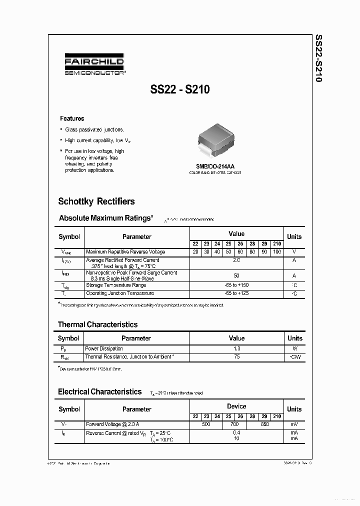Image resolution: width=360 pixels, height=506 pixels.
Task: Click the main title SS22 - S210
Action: (179, 90)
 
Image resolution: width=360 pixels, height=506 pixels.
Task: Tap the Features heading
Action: (72, 118)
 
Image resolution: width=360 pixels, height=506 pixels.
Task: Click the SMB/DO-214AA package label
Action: (215, 166)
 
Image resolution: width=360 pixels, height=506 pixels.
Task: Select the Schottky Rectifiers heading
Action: (96, 201)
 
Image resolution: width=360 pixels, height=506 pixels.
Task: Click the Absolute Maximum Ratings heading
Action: (106, 218)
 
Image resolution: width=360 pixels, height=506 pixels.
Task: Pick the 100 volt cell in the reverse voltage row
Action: (277, 252)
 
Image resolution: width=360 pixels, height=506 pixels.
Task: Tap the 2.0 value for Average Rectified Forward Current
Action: (236, 260)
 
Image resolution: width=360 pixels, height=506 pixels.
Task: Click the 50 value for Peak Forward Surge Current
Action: (236, 275)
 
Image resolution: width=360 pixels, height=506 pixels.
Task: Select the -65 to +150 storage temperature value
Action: (236, 285)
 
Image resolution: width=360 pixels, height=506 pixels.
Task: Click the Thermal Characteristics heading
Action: (97, 324)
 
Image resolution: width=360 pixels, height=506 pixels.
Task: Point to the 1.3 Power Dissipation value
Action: (236, 348)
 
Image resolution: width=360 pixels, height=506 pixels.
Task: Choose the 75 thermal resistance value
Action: (236, 356)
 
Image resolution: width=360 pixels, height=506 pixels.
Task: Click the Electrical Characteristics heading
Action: (99, 392)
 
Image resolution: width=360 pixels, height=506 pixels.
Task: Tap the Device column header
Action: (236, 406)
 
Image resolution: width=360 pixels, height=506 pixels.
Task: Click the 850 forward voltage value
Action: (264, 424)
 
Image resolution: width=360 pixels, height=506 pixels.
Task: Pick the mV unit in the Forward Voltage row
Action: (294, 424)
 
